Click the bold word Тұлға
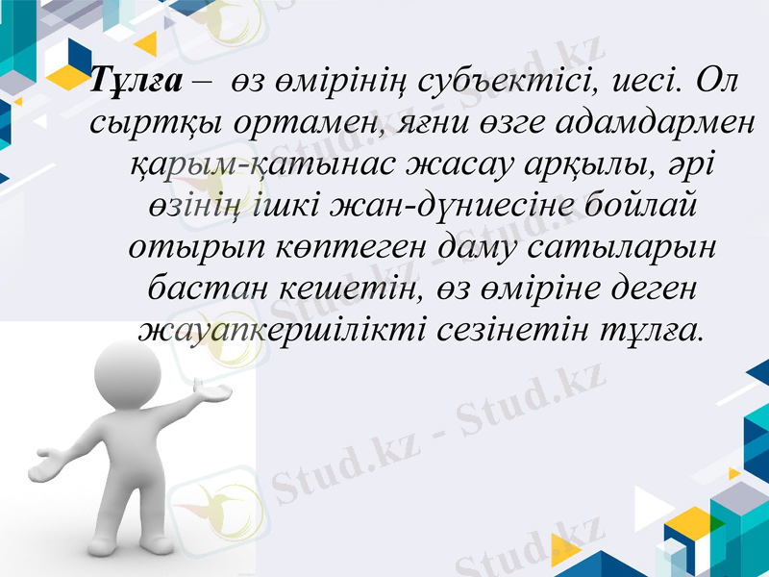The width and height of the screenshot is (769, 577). click(134, 81)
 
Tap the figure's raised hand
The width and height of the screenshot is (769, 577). click(212, 391)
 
